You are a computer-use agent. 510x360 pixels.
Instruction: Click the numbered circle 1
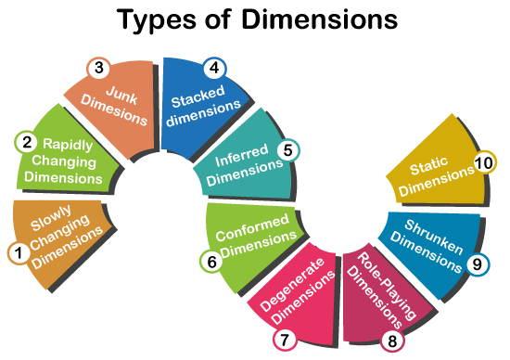tap(17, 251)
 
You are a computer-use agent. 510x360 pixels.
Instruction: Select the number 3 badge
tap(99, 67)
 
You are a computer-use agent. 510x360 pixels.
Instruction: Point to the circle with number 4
tap(214, 67)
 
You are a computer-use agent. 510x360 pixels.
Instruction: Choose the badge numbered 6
tap(212, 262)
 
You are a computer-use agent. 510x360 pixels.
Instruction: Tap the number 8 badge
tap(392, 341)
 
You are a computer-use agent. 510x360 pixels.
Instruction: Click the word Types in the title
tap(157, 19)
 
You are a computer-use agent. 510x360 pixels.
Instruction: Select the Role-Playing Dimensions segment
tap(378, 289)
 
